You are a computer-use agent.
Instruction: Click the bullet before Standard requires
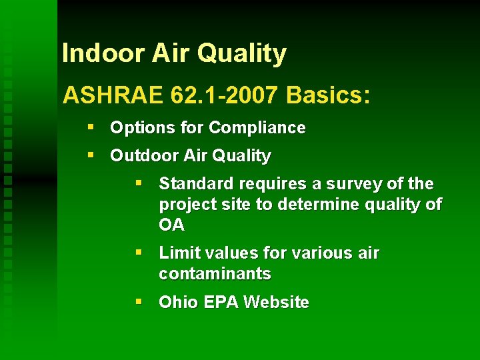coord(139,183)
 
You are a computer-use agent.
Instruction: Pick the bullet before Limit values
coord(139,253)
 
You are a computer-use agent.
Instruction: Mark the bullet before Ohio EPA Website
coord(139,302)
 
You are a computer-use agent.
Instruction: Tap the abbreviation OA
coord(171,225)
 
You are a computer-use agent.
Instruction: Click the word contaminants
coord(215,273)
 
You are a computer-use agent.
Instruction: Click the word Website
coord(276,303)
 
